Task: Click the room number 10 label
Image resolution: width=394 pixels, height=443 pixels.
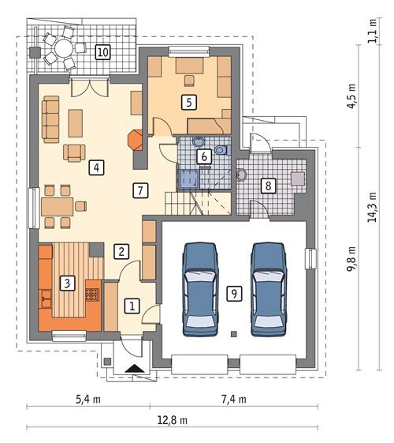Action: [102, 53]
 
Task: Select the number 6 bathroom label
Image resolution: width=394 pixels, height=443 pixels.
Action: [204, 156]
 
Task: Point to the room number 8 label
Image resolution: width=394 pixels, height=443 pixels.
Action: [269, 186]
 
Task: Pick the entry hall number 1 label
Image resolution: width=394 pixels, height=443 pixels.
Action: [132, 304]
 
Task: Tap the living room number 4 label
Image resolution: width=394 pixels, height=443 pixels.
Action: [95, 167]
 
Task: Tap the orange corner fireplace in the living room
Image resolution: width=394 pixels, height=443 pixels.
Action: [135, 141]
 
